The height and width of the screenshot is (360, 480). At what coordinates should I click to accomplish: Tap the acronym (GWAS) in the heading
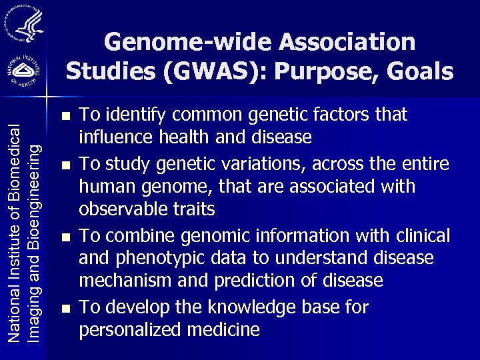[x=200, y=71]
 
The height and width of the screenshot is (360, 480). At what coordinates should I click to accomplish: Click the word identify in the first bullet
[x=135, y=115]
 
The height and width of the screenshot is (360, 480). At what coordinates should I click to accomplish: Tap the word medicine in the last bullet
[x=227, y=329]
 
